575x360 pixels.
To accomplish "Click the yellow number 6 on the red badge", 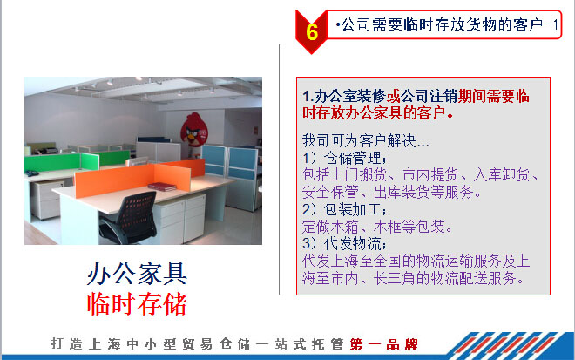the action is pyautogui.click(x=312, y=32).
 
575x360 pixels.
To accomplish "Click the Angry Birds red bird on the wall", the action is pyautogui.click(x=194, y=130).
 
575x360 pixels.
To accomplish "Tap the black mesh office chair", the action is pyautogui.click(x=129, y=218).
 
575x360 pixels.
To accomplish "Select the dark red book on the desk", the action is pyautogui.click(x=162, y=187).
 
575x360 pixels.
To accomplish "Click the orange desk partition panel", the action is pyautogui.click(x=139, y=178).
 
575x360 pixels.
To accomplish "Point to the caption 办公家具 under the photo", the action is pyautogui.click(x=137, y=274).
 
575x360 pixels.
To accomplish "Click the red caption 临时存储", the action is pyautogui.click(x=137, y=304).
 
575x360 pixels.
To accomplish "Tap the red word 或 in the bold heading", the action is pyautogui.click(x=393, y=97).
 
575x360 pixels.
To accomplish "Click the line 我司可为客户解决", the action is pyautogui.click(x=365, y=140).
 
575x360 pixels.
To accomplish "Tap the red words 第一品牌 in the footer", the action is pyautogui.click(x=383, y=344).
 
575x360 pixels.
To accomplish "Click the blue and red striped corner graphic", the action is pyautogui.click(x=510, y=346).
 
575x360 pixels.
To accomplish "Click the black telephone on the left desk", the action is pyautogui.click(x=31, y=173).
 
